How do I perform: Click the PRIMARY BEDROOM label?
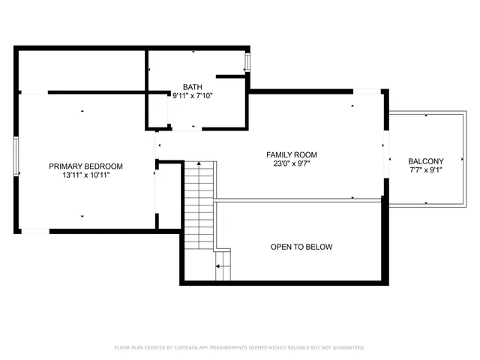coord(85,166)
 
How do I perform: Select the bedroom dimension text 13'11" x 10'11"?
coord(85,175)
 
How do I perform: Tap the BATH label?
coord(192,86)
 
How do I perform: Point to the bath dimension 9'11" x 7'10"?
coord(192,95)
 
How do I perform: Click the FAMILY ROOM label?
coord(287,154)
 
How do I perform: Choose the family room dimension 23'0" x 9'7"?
coord(287,164)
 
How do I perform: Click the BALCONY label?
coord(425,161)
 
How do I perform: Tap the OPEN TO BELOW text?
coord(301,247)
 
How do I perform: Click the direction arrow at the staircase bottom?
coord(220,265)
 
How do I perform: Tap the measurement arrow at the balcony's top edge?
coord(425,117)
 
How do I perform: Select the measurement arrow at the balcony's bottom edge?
coord(425,204)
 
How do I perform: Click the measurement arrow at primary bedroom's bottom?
coord(82,216)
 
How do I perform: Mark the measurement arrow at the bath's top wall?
coord(193,52)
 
